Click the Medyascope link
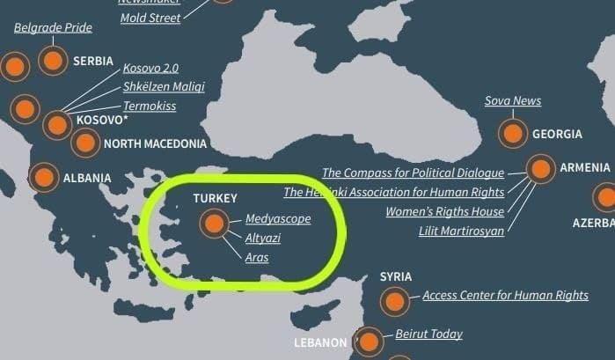278,219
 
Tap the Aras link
257,258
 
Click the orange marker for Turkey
213,224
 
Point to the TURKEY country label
216,199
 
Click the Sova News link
513,101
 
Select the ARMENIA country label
584,167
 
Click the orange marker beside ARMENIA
540,169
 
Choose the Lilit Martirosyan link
462,231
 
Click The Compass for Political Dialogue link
413,173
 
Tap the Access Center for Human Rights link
505,296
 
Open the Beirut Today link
428,334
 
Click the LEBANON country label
320,342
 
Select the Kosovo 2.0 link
151,68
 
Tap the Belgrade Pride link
53,28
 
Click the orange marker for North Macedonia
85,142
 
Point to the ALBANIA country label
87,178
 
